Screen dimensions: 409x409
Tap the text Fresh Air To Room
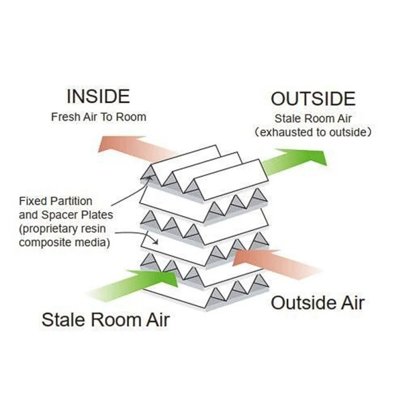point(98,117)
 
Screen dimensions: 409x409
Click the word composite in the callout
point(45,242)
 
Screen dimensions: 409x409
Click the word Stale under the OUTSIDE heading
point(286,119)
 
